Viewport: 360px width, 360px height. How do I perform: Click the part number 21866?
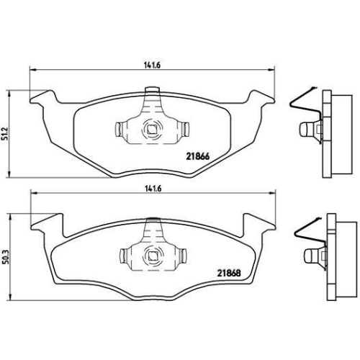[198, 156]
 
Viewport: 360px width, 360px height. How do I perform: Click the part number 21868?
[229, 273]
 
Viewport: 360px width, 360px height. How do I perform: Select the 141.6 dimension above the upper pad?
[152, 66]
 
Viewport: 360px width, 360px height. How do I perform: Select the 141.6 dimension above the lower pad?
[153, 189]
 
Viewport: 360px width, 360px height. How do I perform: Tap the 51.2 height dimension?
[6, 135]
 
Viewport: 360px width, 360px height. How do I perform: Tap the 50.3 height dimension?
[6, 257]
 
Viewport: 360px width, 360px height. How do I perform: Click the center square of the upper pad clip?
[151, 130]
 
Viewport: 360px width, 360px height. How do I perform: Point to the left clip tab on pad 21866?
[118, 130]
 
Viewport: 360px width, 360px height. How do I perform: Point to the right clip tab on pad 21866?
[185, 129]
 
